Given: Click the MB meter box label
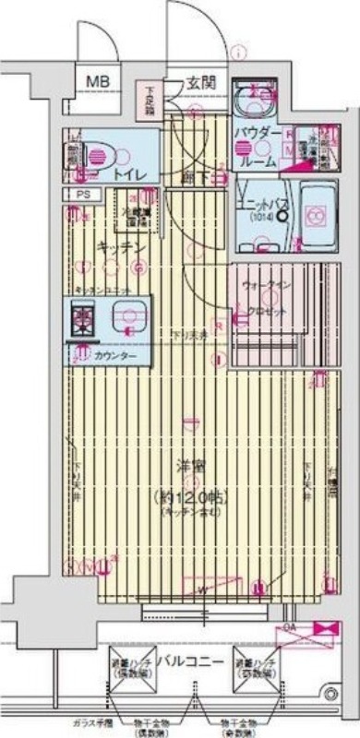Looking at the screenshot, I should [x=97, y=83].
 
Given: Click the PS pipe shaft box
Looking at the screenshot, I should [x=83, y=195].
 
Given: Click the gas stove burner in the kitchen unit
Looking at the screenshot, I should [x=84, y=319].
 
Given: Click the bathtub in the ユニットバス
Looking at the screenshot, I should [x=315, y=218].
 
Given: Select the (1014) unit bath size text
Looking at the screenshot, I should [x=262, y=218].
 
